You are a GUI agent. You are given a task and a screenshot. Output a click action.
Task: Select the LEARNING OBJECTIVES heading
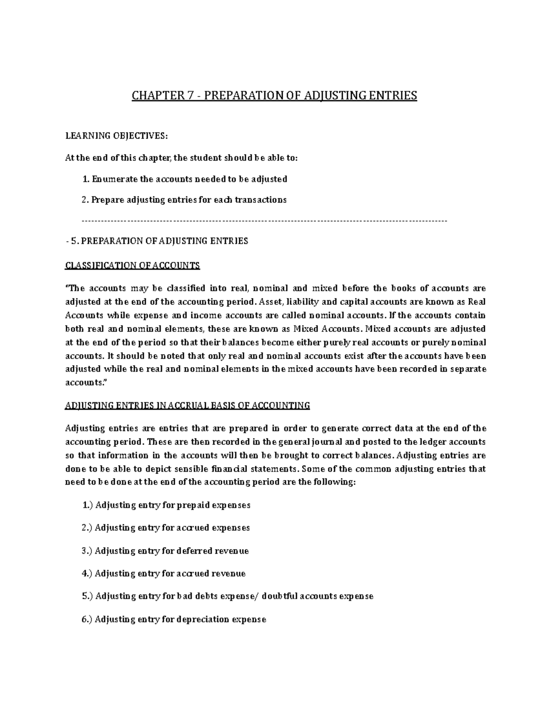[x=117, y=135]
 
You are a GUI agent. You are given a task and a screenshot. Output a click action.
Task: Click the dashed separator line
[x=264, y=221]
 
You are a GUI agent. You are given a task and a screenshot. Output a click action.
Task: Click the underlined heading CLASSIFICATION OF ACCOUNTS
[x=133, y=266]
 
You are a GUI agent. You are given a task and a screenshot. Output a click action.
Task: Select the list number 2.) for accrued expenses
[x=87, y=528]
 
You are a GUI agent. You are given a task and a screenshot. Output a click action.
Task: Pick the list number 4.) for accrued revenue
[x=87, y=573]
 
